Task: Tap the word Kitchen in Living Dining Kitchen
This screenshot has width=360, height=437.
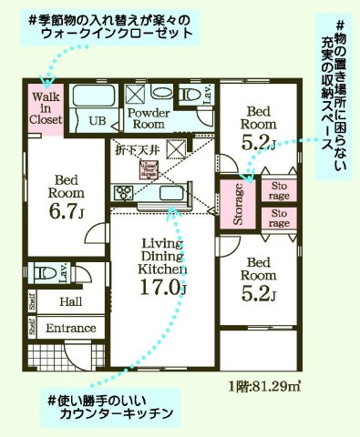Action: tap(164, 270)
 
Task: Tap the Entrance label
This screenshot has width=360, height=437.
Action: tap(71, 328)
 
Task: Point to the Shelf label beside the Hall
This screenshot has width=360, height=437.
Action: tap(32, 300)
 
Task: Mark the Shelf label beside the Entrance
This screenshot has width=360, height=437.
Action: tap(32, 328)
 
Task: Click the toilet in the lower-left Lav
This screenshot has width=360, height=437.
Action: tap(39, 273)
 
